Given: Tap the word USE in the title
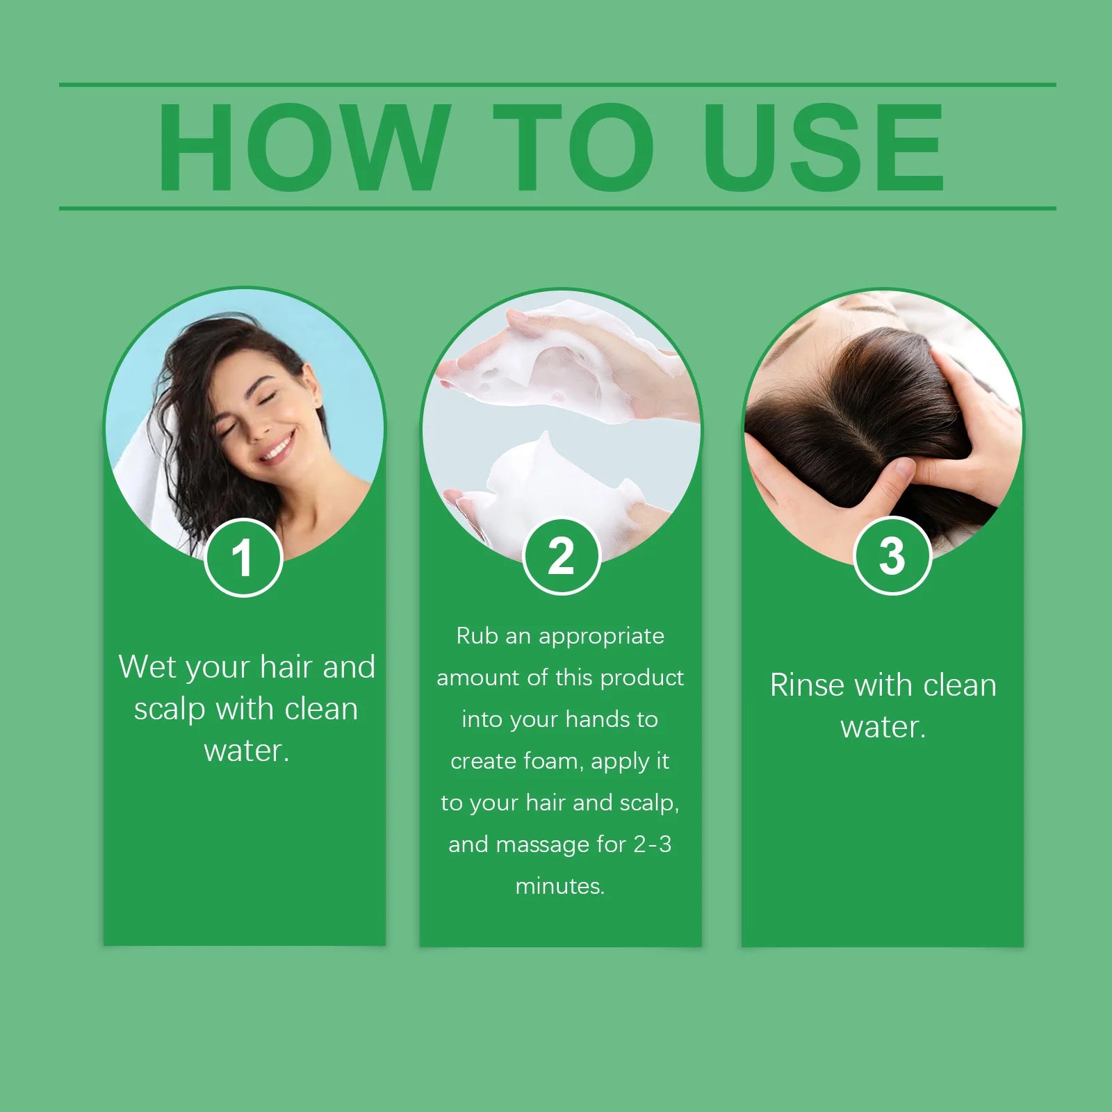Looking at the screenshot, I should point(824,147).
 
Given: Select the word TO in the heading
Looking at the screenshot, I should point(573,147).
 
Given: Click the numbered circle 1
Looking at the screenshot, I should point(243,557).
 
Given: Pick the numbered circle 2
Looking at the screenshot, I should point(562,556).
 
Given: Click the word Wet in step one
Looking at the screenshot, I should point(147,667).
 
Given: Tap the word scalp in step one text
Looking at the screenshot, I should point(170,709).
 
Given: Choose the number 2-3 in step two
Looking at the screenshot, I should point(653,844).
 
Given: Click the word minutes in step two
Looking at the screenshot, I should point(559,886).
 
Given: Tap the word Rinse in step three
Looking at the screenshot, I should point(807,685).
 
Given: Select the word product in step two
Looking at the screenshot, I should point(642,678).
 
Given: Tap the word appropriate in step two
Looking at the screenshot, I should point(601,637).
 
